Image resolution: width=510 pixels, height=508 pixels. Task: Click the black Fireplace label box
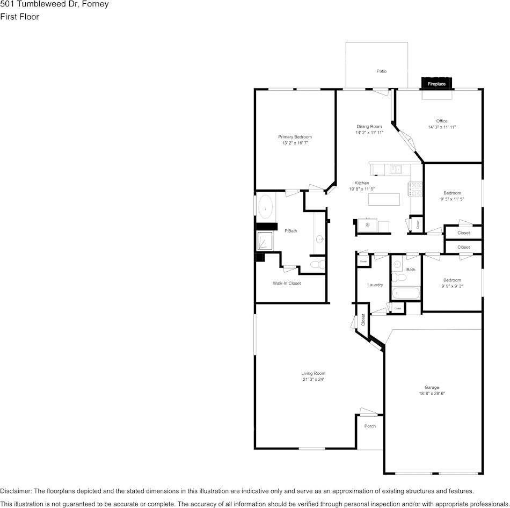(x=436, y=84)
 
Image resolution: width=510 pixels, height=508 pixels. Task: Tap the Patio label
(x=381, y=71)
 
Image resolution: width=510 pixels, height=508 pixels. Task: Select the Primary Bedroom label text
(x=295, y=137)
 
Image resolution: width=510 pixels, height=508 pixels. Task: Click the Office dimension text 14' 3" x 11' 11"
(x=442, y=127)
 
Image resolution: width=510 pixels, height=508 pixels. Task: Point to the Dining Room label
(x=369, y=127)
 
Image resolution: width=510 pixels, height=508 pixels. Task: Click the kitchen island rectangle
(x=384, y=199)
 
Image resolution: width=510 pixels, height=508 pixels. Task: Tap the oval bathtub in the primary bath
(x=266, y=206)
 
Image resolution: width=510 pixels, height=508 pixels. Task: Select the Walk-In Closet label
(x=287, y=283)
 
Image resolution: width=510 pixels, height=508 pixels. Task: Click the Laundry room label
(x=375, y=285)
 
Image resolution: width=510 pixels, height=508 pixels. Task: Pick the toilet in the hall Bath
(x=398, y=278)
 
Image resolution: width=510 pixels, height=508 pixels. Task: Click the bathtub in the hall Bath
(x=405, y=293)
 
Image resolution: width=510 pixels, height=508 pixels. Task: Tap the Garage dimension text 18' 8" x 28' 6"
(x=432, y=393)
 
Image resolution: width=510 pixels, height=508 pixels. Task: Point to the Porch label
(x=370, y=426)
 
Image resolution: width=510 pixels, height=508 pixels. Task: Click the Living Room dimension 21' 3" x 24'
(x=313, y=379)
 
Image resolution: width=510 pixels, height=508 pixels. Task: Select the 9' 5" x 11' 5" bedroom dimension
(x=451, y=199)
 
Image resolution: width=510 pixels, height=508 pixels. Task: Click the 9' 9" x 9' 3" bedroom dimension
(x=451, y=286)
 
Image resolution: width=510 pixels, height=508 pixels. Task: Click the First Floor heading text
(x=19, y=17)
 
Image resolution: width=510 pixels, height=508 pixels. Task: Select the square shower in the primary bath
(x=266, y=241)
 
